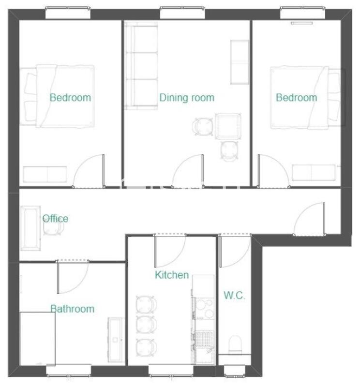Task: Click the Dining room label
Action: pyautogui.click(x=187, y=98)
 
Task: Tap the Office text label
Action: pyautogui.click(x=55, y=219)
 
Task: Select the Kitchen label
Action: pyautogui.click(x=172, y=275)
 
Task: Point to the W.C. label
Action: pyautogui.click(x=235, y=296)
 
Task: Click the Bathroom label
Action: pyautogui.click(x=73, y=309)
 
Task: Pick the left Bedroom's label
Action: pyautogui.click(x=70, y=98)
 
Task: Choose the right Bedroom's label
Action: pyautogui.click(x=297, y=98)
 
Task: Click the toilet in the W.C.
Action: pyautogui.click(x=235, y=344)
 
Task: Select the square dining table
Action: pyautogui.click(x=228, y=126)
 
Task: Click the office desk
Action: pyautogui.click(x=31, y=228)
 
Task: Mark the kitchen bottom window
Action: pyautogui.click(x=167, y=371)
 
